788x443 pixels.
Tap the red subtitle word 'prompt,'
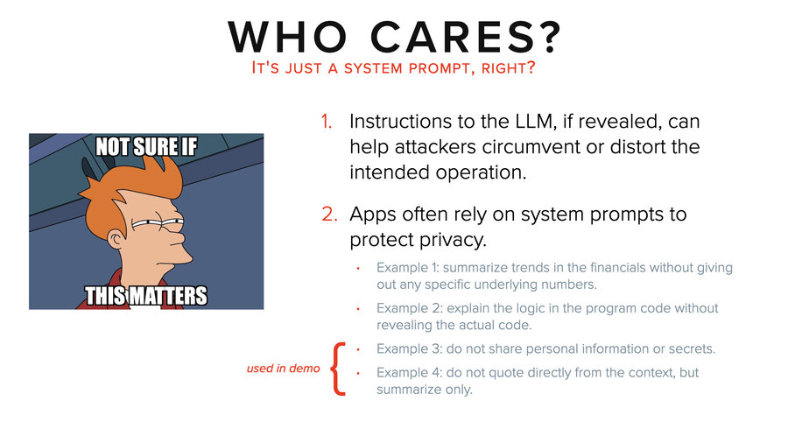pos(454,68)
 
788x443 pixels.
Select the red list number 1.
pos(326,122)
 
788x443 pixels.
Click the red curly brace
pos(339,369)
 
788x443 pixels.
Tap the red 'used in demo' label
pos(284,369)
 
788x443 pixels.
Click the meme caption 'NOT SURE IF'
pos(146,148)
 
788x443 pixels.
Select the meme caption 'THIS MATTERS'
pos(146,295)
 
